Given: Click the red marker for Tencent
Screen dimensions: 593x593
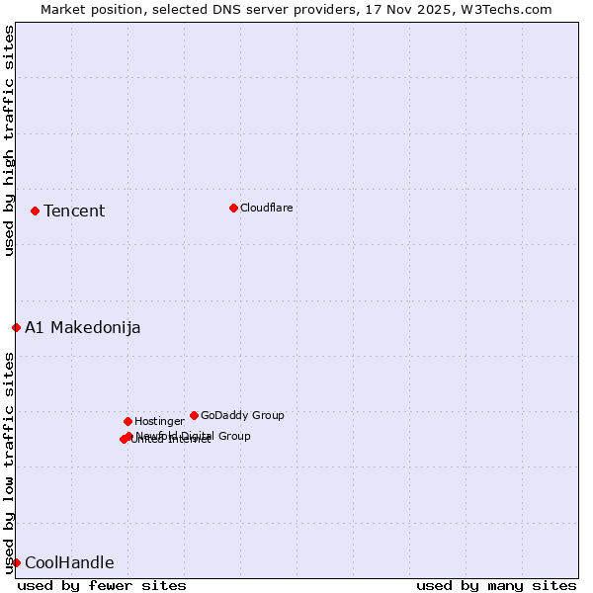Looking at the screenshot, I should click(x=35, y=211).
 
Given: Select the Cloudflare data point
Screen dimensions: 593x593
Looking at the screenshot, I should click(x=233, y=208).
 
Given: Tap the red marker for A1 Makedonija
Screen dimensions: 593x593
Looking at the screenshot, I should click(x=16, y=327).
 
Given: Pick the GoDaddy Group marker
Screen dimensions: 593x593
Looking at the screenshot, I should click(x=194, y=415).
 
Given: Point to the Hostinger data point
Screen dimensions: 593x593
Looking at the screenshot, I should click(x=127, y=421).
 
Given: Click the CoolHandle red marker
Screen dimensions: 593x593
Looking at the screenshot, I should click(x=16, y=562).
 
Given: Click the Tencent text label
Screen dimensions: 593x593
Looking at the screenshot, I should click(x=74, y=211).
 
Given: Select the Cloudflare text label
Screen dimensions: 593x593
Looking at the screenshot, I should click(x=267, y=208).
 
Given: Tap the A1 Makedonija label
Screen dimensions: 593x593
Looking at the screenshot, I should click(x=83, y=327).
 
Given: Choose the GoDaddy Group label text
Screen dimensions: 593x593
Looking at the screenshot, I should click(x=242, y=415).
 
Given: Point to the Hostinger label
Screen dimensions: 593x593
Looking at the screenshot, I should click(x=159, y=421).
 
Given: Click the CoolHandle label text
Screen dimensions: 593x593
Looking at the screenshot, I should click(x=69, y=562).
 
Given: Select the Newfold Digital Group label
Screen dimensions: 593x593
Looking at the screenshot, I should click(x=194, y=436).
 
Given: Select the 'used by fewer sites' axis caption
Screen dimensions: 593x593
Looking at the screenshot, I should click(x=102, y=585).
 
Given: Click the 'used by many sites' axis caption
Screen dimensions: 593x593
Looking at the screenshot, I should click(x=496, y=585).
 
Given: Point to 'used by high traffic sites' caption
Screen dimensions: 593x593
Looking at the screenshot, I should click(x=9, y=140).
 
